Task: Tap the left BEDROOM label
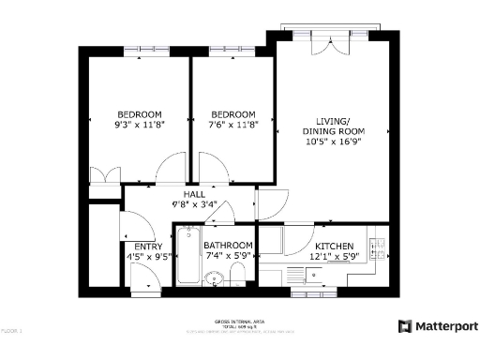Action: pyautogui.click(x=139, y=113)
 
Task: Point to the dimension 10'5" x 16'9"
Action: pyautogui.click(x=333, y=142)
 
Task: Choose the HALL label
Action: pyautogui.click(x=195, y=194)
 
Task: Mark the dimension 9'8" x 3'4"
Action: pyautogui.click(x=195, y=203)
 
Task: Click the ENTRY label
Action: pyautogui.click(x=148, y=247)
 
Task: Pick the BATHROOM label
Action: pyautogui.click(x=229, y=246)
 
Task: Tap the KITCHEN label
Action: pyautogui.click(x=333, y=246)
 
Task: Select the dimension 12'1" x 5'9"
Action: pyautogui.click(x=333, y=256)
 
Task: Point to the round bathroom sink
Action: pyautogui.click(x=214, y=277)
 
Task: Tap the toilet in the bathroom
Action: pyautogui.click(x=238, y=273)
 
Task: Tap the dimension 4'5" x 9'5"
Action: pyautogui.click(x=148, y=257)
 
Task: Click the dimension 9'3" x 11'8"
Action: pyautogui.click(x=139, y=124)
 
